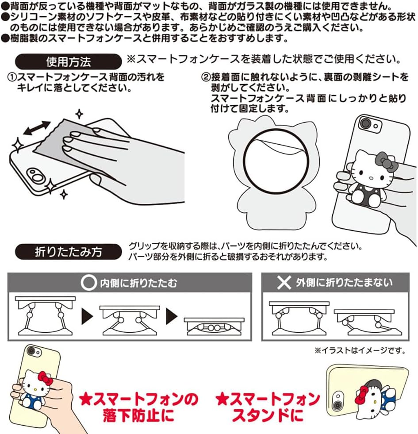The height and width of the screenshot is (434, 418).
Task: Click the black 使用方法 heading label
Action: tap(68, 61)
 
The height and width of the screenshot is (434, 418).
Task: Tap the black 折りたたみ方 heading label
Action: tap(68, 252)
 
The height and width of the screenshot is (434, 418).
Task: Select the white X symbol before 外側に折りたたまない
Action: tap(284, 283)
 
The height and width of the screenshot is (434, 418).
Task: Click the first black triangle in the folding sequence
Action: tap(88, 316)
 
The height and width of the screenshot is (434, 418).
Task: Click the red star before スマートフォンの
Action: tap(87, 400)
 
